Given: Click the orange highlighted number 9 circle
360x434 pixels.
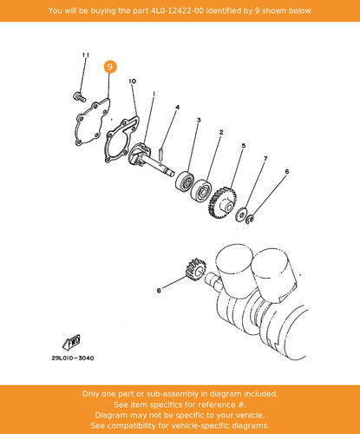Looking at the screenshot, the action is tap(110, 67).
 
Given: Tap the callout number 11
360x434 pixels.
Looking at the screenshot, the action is tap(86, 55).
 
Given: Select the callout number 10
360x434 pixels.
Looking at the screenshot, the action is tap(133, 82).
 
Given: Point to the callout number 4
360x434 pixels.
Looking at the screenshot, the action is tap(178, 108).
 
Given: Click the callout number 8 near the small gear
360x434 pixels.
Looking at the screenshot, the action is tap(159, 290).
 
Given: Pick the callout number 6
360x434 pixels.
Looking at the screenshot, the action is tap(287, 172).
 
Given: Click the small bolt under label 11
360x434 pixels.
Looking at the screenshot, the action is tap(79, 96).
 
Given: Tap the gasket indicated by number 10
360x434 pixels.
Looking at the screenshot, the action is tap(121, 140).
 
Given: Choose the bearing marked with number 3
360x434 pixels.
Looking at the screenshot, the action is tap(185, 181).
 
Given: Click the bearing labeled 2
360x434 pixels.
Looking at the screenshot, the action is tap(201, 191).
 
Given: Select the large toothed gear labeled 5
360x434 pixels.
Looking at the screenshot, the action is tap(222, 202).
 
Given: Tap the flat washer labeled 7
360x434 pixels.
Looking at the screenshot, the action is tap(240, 214).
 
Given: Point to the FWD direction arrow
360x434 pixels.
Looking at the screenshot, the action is tap(71, 342).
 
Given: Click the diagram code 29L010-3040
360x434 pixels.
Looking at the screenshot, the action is tap(73, 358).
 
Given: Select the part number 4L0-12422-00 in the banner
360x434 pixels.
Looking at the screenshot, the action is tap(177, 10).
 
